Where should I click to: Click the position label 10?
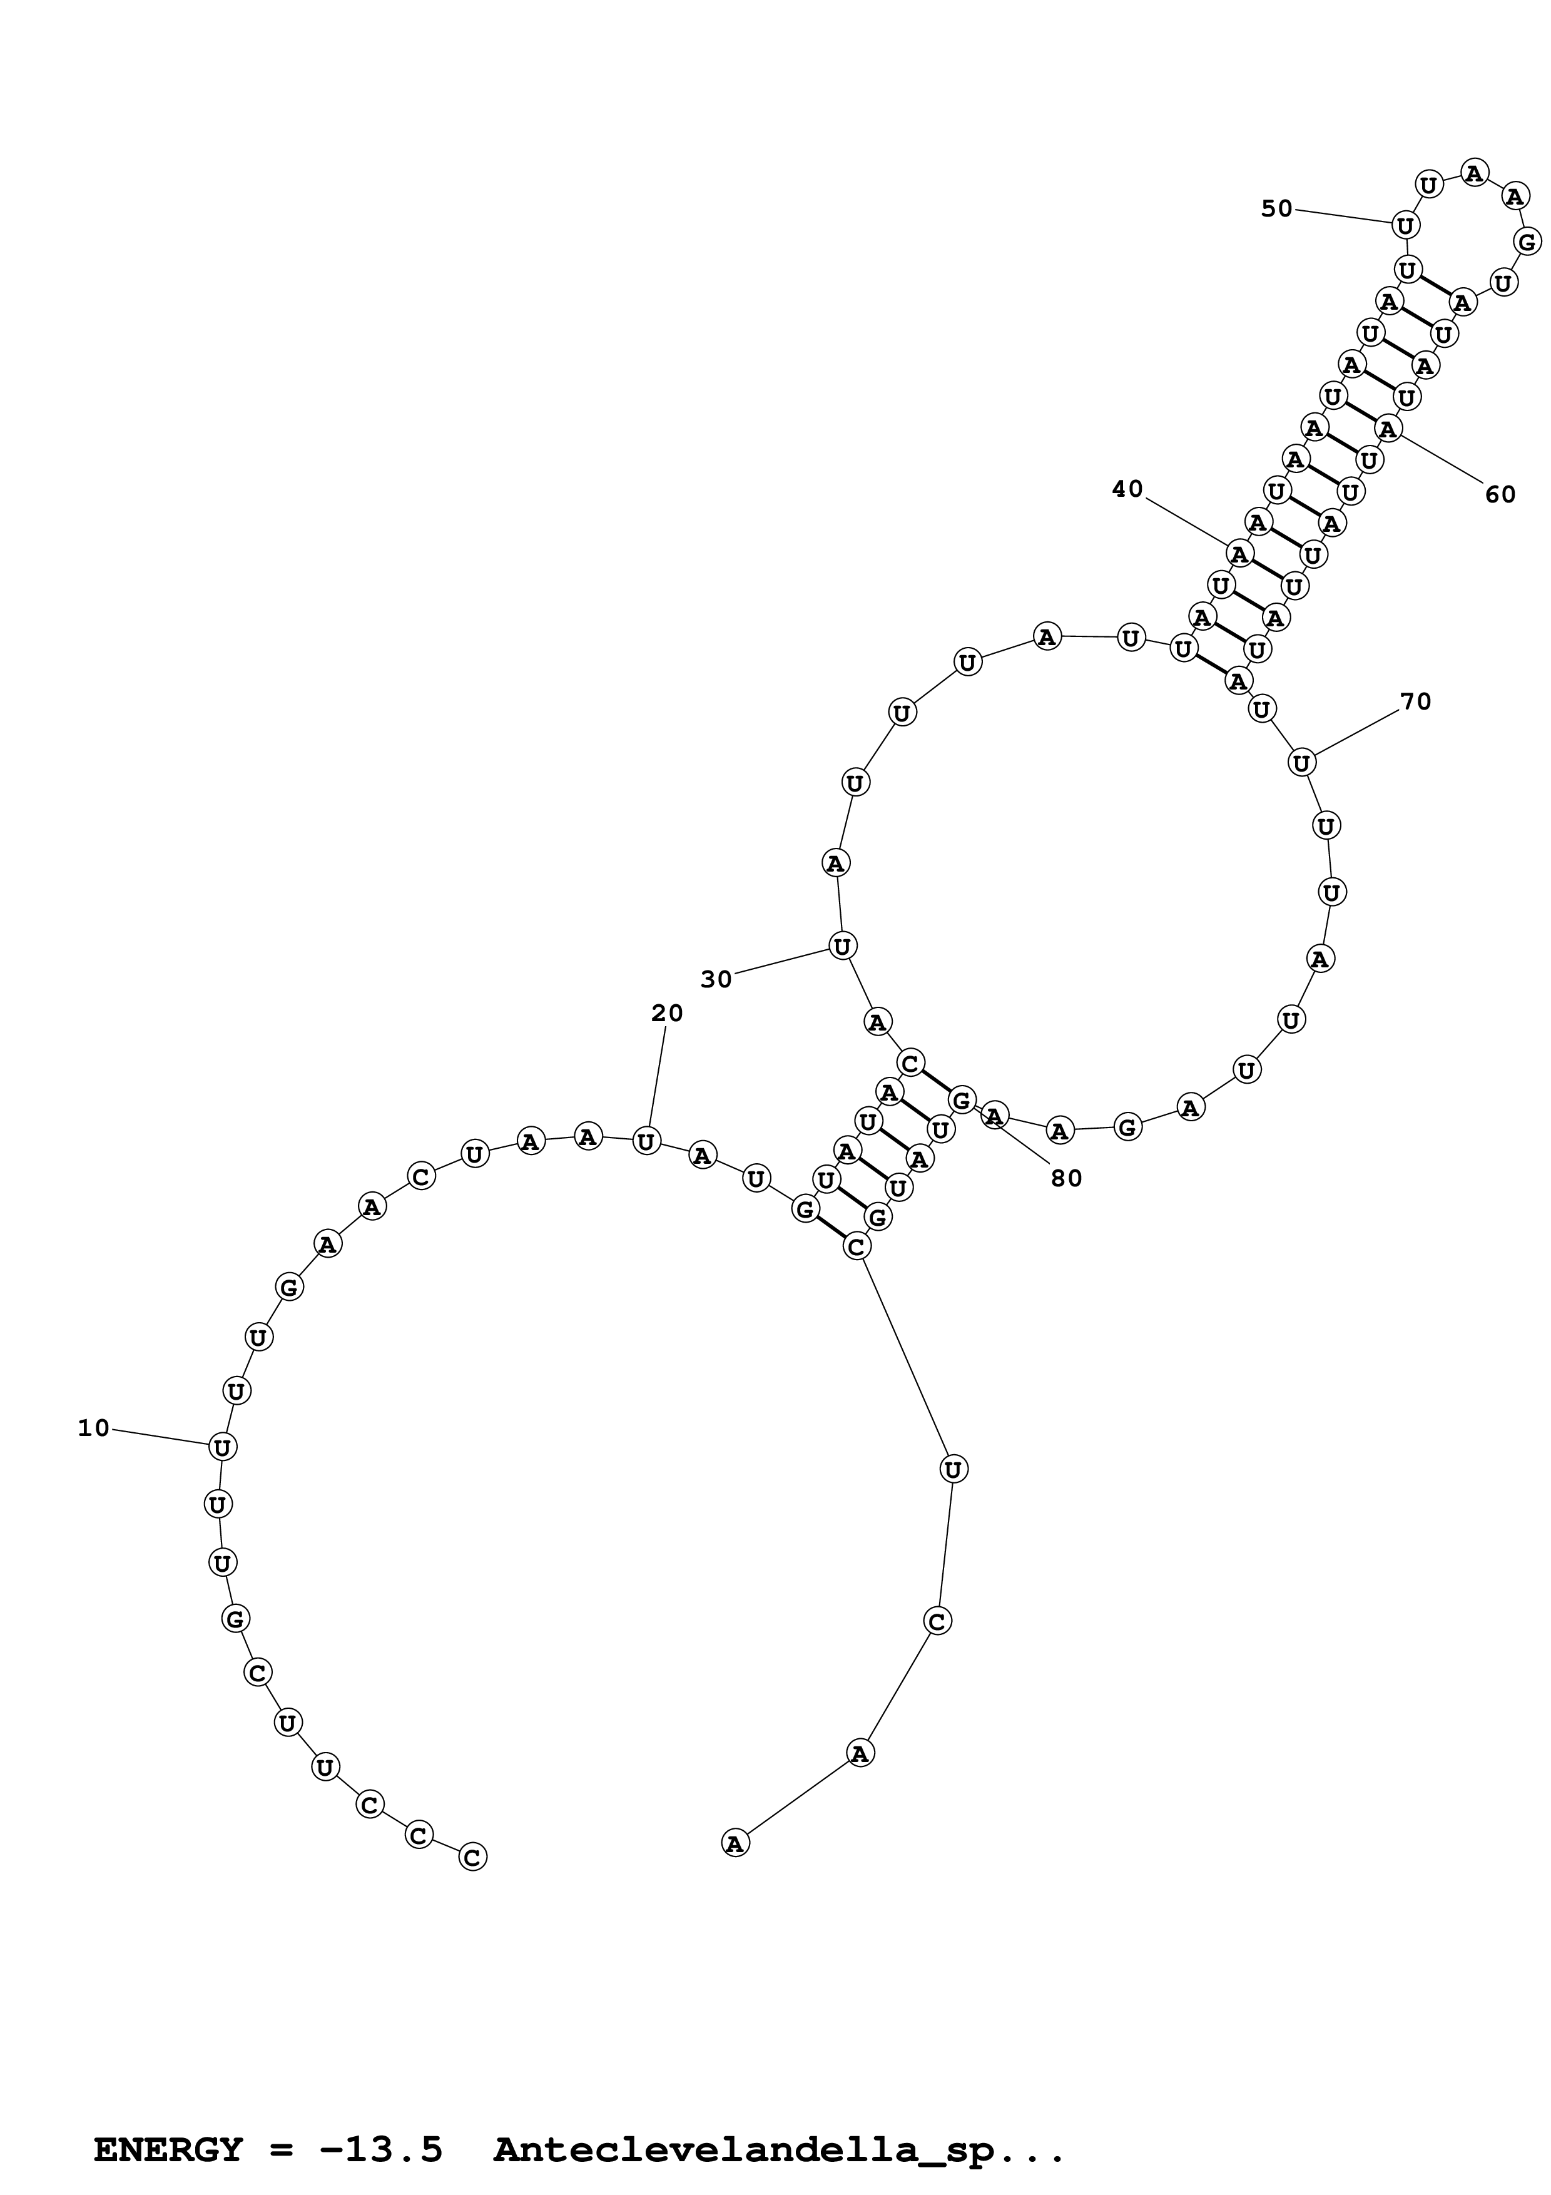[x=94, y=1429]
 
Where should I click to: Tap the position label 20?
[x=667, y=1014]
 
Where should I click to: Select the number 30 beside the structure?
[x=716, y=979]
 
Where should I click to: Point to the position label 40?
[x=1127, y=489]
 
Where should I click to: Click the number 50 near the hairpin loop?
[x=1277, y=208]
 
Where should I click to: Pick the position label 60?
[x=1500, y=494]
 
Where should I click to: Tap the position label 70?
[x=1415, y=701]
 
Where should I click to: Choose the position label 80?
[x=1067, y=1179]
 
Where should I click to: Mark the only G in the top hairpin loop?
[x=1527, y=242]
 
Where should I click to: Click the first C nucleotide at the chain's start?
[x=472, y=1856]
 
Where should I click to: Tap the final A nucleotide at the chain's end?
[x=734, y=1843]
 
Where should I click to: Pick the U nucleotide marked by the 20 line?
[x=647, y=1141]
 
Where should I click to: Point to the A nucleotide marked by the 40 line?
[x=1239, y=554]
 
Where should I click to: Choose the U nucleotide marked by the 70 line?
[x=1301, y=763]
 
